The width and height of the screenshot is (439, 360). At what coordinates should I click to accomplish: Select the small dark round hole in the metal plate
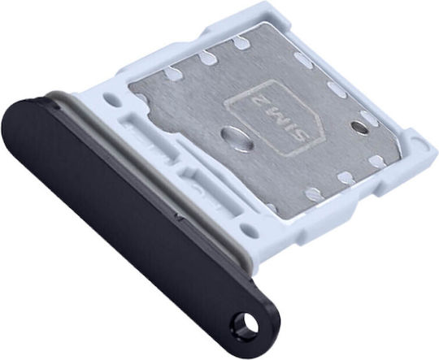359,126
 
